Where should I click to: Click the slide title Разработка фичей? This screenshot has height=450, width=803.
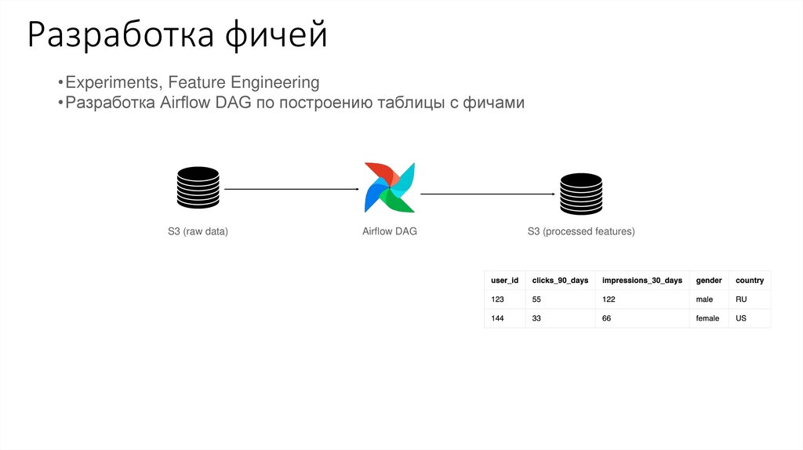click(x=176, y=36)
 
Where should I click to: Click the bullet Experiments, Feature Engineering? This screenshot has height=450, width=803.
click(x=192, y=82)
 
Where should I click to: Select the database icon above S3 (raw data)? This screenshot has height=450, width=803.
click(x=198, y=189)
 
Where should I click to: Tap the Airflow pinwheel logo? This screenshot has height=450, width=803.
click(x=390, y=188)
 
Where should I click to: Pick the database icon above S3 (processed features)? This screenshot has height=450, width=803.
click(x=581, y=193)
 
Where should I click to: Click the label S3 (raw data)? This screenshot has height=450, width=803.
click(x=198, y=231)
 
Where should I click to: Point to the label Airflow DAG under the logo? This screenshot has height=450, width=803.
click(x=390, y=231)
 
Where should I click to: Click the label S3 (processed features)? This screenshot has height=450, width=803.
click(x=581, y=231)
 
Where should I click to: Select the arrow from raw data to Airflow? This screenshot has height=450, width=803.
click(x=291, y=189)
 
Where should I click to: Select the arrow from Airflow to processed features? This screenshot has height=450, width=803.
click(x=489, y=194)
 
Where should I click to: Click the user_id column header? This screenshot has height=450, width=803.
click(x=504, y=280)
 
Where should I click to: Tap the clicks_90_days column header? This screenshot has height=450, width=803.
click(x=560, y=280)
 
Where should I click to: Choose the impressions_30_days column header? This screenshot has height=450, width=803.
click(x=641, y=280)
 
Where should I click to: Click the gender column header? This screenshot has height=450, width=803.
click(x=709, y=280)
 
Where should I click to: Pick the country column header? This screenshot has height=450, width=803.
click(x=749, y=280)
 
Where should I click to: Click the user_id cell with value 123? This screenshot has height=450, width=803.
click(x=498, y=299)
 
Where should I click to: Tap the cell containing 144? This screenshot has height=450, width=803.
click(x=498, y=318)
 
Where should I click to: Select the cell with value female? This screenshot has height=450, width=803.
click(x=707, y=318)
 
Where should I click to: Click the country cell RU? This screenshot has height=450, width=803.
click(x=742, y=299)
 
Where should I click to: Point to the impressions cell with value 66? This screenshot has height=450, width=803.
click(x=607, y=318)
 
